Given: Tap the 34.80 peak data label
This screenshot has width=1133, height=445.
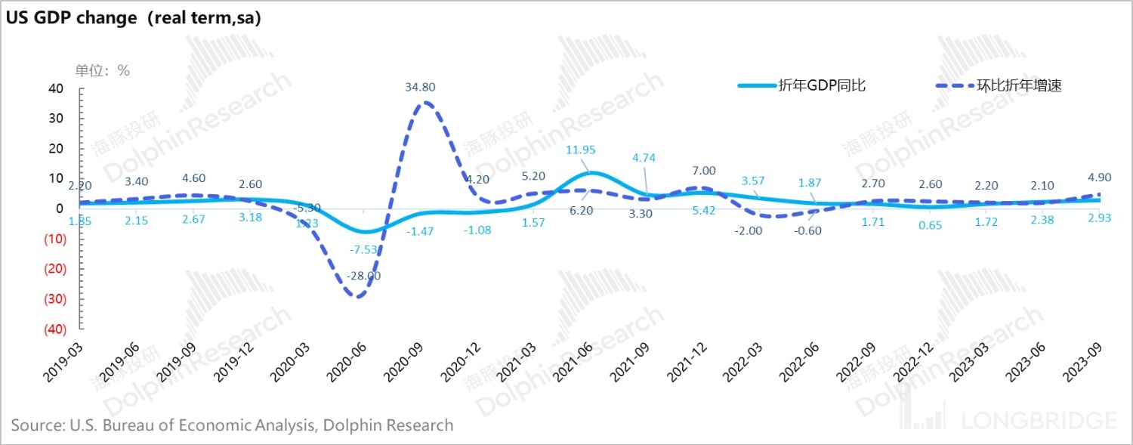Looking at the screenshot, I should [420, 88].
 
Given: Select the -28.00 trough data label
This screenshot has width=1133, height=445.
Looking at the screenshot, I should [364, 277].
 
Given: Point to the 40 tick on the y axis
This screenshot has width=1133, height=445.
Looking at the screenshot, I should [55, 88].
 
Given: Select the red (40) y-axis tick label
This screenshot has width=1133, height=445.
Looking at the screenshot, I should [52, 329].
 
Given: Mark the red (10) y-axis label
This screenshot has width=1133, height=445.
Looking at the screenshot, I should [52, 239].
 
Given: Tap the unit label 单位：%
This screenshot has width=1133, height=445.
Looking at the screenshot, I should [102, 70].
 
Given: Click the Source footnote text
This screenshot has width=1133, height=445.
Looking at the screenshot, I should [233, 425].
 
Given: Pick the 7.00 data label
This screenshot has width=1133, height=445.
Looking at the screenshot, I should [703, 171].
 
